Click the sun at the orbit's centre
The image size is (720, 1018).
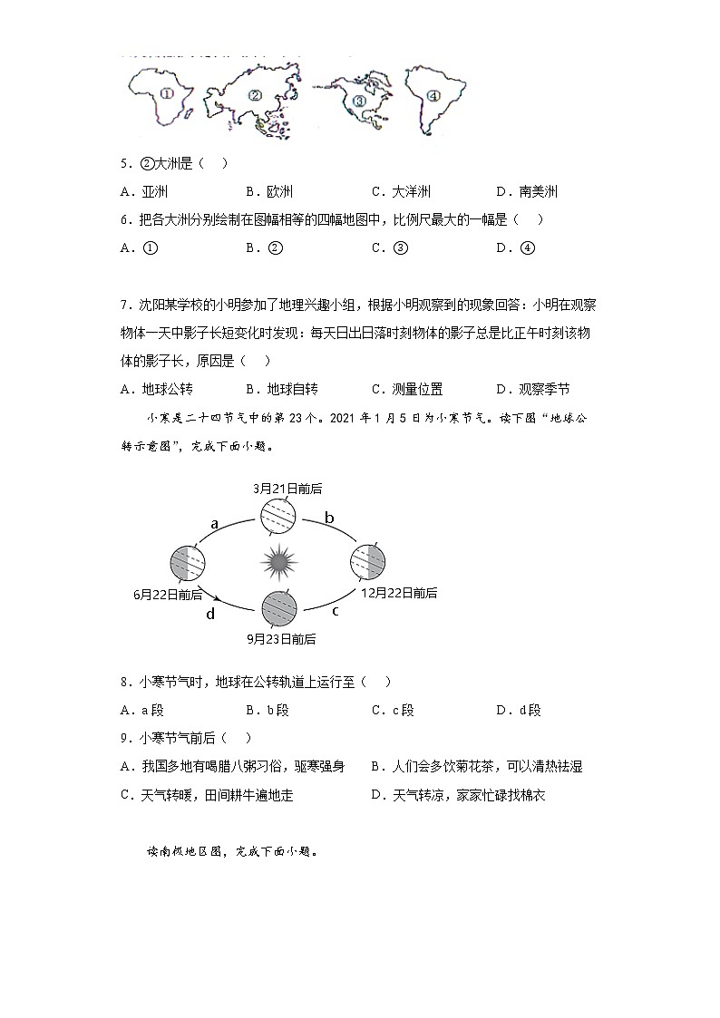coord(279,563)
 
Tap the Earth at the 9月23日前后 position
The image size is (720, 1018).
coord(279,607)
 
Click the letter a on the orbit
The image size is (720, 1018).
coord(215,523)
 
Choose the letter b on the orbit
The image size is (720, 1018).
coord(329,518)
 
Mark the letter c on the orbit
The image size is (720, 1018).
coord(335,610)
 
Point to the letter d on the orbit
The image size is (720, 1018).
coord(210,614)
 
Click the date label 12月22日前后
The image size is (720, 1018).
coord(399,593)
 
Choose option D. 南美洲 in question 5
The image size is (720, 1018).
coord(527,191)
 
